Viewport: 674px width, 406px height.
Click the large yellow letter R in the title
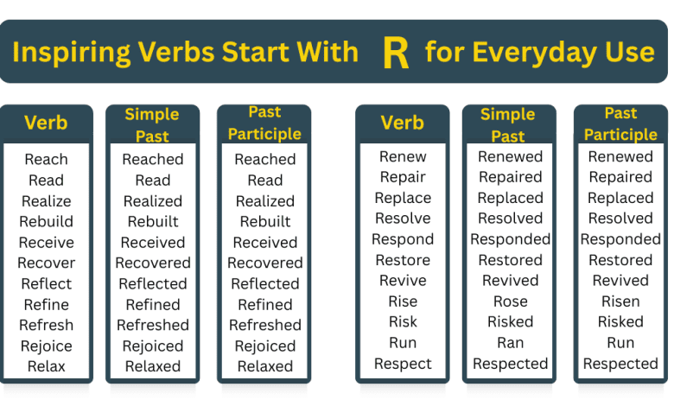pyautogui.click(x=395, y=53)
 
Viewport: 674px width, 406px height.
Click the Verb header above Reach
pyautogui.click(x=46, y=123)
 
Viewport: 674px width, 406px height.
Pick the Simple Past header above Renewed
pyautogui.click(x=508, y=125)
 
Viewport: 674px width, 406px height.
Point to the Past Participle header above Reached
pyautogui.click(x=264, y=123)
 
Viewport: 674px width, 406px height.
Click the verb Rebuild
pyautogui.click(x=46, y=222)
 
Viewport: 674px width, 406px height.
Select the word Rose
pyautogui.click(x=510, y=301)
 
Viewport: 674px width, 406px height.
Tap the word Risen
pyautogui.click(x=620, y=301)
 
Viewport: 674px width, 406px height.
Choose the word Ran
pyautogui.click(x=510, y=343)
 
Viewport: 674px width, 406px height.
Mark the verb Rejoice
pyautogui.click(x=46, y=346)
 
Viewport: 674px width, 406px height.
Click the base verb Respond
pyautogui.click(x=403, y=239)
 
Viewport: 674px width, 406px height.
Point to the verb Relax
pyautogui.click(x=46, y=366)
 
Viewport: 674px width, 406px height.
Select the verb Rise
pyautogui.click(x=403, y=301)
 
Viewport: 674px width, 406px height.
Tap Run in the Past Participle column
pyautogui.click(x=620, y=343)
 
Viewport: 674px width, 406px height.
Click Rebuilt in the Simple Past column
pyautogui.click(x=153, y=222)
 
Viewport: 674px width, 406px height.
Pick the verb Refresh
pyautogui.click(x=46, y=326)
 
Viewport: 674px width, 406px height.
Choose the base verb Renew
pyautogui.click(x=403, y=156)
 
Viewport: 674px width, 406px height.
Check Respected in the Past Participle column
pyautogui.click(x=620, y=364)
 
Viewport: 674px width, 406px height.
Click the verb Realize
pyautogui.click(x=46, y=201)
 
